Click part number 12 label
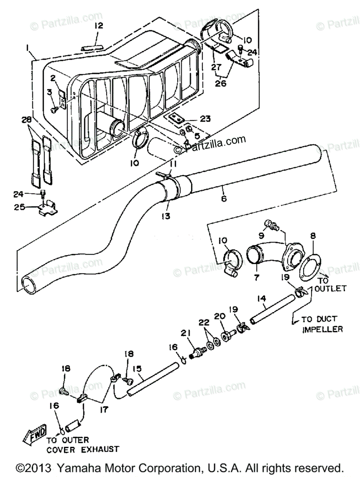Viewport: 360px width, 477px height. pos(99,26)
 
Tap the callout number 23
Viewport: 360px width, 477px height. pos(205,118)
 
